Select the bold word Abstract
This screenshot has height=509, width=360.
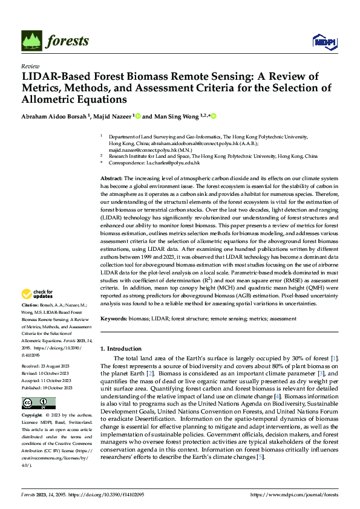pyautogui.click(x=111, y=179)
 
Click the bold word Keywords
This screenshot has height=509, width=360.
pyautogui.click(x=114, y=318)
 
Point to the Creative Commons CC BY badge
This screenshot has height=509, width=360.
pyautogui.click(x=38, y=403)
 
